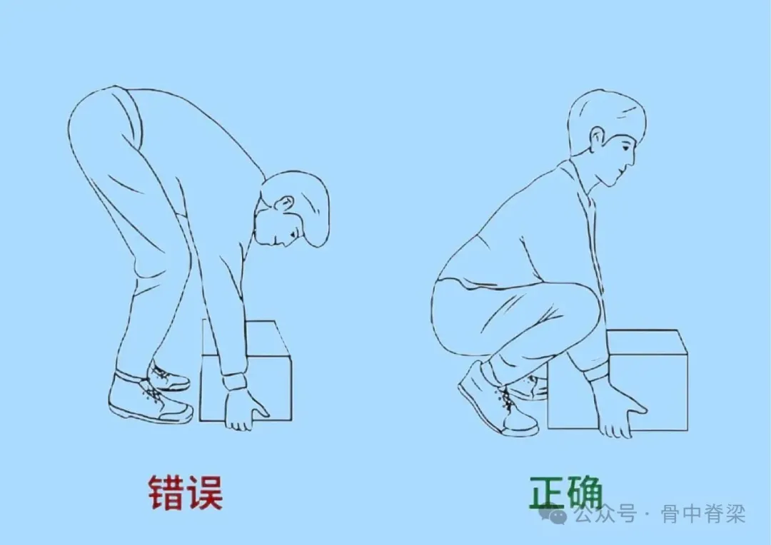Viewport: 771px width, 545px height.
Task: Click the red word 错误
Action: pyautogui.click(x=186, y=492)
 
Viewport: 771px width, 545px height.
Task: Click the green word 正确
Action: pyautogui.click(x=566, y=492)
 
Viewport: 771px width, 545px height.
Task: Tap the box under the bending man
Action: pyautogui.click(x=246, y=371)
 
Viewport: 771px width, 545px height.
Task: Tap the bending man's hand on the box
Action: pyautogui.click(x=244, y=409)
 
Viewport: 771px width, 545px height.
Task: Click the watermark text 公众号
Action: pyautogui.click(x=606, y=514)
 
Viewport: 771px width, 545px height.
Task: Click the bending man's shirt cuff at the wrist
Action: pyautogui.click(x=234, y=382)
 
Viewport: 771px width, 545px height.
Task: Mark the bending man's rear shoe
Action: pyautogui.click(x=168, y=377)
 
